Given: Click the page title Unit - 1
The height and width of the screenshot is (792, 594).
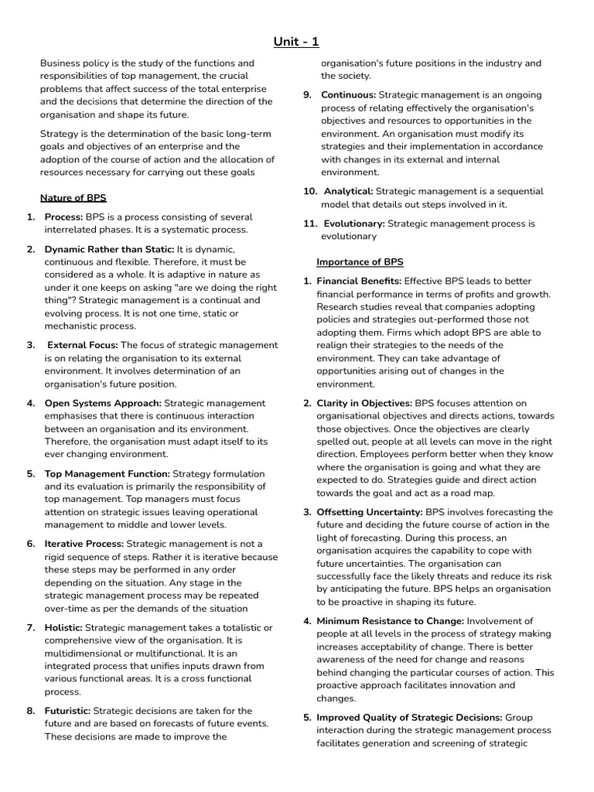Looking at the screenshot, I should (x=296, y=41).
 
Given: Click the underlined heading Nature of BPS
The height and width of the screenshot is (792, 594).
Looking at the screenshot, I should (x=73, y=197).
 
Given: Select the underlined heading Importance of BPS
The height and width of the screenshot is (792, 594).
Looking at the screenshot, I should (x=360, y=261).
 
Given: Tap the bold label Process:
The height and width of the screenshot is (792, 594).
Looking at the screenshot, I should (x=64, y=217).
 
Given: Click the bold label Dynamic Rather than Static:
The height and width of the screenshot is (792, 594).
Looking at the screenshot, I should (x=109, y=249).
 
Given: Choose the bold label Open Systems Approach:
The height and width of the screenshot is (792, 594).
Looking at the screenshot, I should (x=103, y=403).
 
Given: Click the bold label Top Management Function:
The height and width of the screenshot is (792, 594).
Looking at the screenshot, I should (x=107, y=473).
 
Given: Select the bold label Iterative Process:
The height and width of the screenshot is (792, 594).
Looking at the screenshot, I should (x=84, y=544).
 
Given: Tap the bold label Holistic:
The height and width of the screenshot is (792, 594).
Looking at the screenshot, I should (x=63, y=627).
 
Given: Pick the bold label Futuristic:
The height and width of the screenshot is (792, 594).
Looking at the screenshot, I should (x=67, y=711).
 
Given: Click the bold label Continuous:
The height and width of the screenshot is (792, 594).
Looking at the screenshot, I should (x=348, y=95).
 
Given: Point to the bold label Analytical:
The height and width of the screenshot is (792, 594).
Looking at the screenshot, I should (x=348, y=191).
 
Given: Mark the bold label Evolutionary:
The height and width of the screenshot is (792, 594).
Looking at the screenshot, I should (x=353, y=224).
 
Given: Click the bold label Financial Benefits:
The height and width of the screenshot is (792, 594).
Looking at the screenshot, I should (x=359, y=281).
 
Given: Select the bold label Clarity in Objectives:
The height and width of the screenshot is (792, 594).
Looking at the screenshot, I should (x=364, y=403).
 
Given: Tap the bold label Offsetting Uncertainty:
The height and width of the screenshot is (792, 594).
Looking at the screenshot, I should (x=370, y=512).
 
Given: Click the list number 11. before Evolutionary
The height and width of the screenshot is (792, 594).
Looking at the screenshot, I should (x=309, y=224).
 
